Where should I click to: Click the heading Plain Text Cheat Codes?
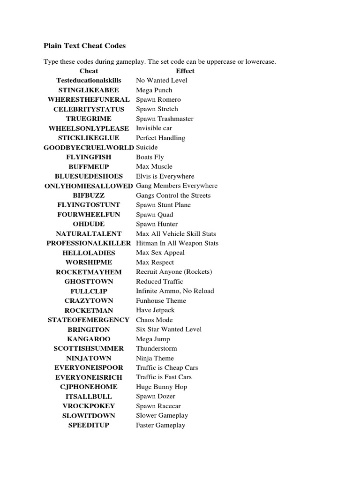[84, 46]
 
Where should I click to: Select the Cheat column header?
[89, 71]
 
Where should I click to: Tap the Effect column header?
[185, 71]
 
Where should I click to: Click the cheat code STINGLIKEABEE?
[89, 90]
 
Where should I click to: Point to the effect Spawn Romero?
[158, 99]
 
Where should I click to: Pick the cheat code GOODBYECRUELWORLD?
[89, 147]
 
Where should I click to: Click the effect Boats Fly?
[150, 157]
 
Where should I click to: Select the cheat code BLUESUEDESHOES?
[89, 176]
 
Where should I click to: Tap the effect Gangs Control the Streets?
[173, 195]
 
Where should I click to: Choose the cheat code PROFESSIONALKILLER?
[89, 243]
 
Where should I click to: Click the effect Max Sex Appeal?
[160, 253]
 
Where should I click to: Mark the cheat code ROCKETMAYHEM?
[89, 272]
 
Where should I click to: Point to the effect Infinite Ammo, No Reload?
[175, 291]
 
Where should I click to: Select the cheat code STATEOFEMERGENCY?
[89, 320]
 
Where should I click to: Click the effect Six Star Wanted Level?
[169, 329]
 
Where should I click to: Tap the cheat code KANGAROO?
[89, 339]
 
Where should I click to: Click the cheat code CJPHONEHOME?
[89, 387]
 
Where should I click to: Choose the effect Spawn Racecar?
[158, 406]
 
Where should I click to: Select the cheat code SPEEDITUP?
[89, 425]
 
